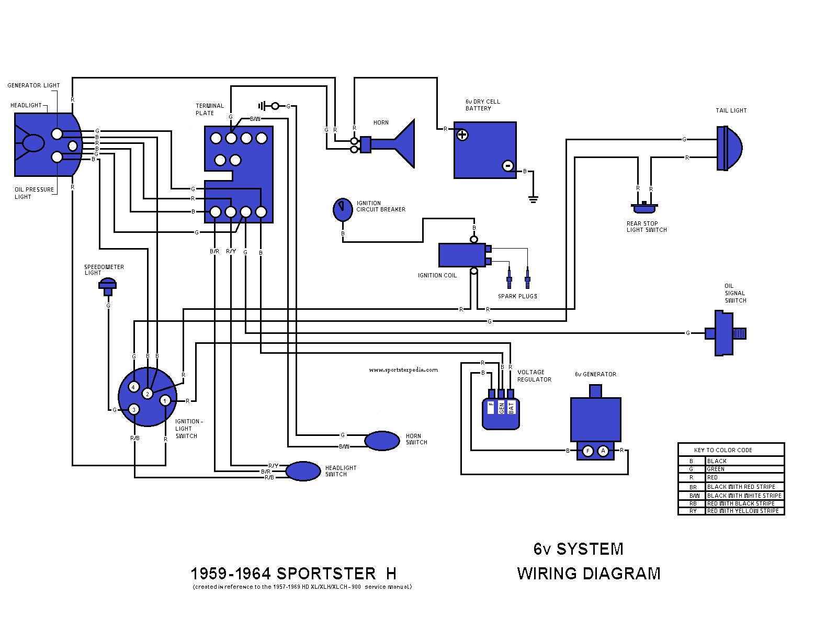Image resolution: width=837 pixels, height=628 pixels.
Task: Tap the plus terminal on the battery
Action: click(462, 135)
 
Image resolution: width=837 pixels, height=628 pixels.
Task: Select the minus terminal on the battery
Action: click(507, 166)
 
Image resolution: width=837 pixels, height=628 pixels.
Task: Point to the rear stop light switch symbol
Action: click(644, 208)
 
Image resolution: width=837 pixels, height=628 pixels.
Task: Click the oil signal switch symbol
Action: click(725, 333)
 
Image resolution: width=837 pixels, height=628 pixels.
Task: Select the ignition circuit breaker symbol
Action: click(343, 209)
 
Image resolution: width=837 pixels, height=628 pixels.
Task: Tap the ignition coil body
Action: click(462, 255)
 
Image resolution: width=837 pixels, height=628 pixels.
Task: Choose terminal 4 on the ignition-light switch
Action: click(133, 387)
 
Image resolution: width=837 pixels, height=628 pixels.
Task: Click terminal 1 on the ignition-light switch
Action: click(165, 401)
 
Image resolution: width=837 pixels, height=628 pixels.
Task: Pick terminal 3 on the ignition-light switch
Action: click(134, 409)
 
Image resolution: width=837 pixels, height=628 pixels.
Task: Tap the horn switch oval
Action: click(382, 441)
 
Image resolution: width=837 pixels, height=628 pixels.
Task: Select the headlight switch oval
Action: click(303, 471)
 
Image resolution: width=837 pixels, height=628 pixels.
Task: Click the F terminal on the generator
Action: click(588, 451)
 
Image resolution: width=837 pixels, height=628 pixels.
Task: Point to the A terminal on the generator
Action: click(603, 451)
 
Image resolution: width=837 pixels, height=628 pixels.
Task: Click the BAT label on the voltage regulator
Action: click(511, 407)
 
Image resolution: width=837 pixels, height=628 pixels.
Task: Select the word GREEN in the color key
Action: click(716, 469)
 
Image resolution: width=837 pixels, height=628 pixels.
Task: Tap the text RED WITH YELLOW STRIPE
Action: click(743, 511)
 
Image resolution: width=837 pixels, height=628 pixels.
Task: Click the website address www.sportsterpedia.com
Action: click(403, 370)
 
